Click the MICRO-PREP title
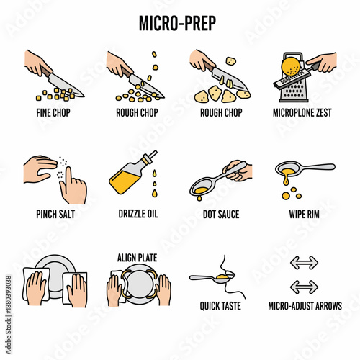tap(177, 23)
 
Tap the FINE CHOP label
tap(53, 112)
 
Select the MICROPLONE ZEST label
tap(302, 112)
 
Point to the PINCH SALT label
tap(55, 214)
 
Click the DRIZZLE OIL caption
tap(138, 214)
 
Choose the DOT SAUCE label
tap(221, 214)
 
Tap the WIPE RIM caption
tap(304, 214)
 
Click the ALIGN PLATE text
tap(138, 258)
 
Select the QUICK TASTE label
tap(220, 306)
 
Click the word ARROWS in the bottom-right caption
tap(329, 306)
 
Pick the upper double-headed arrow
tap(304, 263)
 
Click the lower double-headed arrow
tap(304, 287)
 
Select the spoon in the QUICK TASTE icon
tap(212, 277)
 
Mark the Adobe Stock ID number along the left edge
tap(9, 294)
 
